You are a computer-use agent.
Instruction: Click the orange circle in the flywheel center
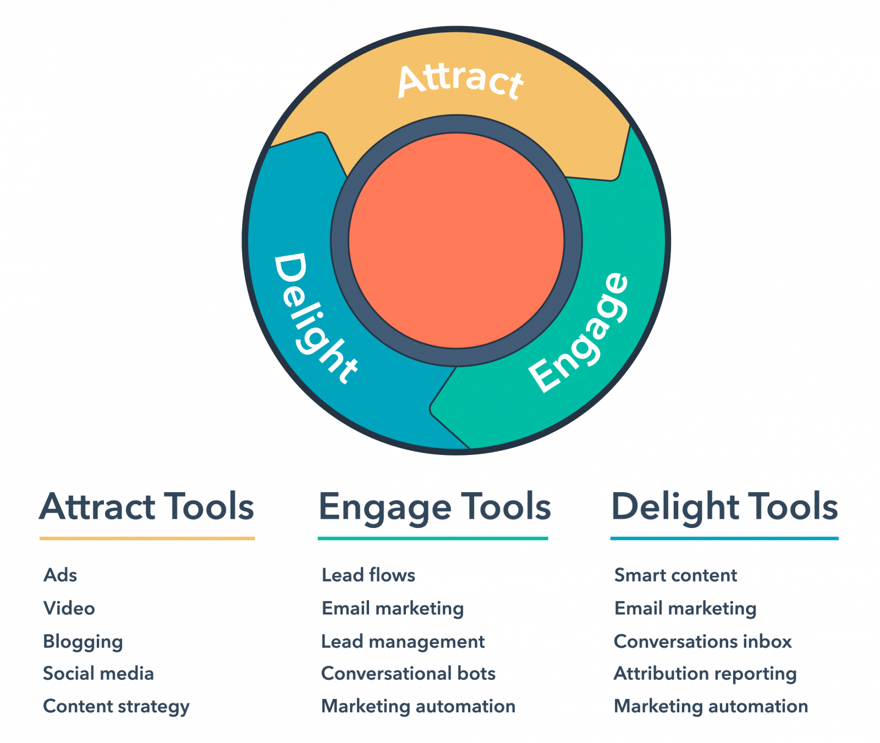[457, 240]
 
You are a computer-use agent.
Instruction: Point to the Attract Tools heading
[147, 507]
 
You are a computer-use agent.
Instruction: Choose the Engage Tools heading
[435, 507]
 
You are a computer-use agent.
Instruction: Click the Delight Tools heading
[725, 507]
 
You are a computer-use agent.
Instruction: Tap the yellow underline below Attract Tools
[147, 538]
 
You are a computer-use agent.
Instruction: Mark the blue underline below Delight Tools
[725, 538]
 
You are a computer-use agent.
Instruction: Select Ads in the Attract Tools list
[61, 576]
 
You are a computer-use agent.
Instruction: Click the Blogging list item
[83, 642]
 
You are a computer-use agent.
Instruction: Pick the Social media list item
[98, 674]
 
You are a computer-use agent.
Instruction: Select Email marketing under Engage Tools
[393, 609]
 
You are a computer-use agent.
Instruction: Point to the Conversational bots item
[409, 674]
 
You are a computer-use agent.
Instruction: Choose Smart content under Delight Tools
[675, 576]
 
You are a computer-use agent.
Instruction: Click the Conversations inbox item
[703, 641]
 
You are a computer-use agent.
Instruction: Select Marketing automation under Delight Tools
[711, 707]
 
